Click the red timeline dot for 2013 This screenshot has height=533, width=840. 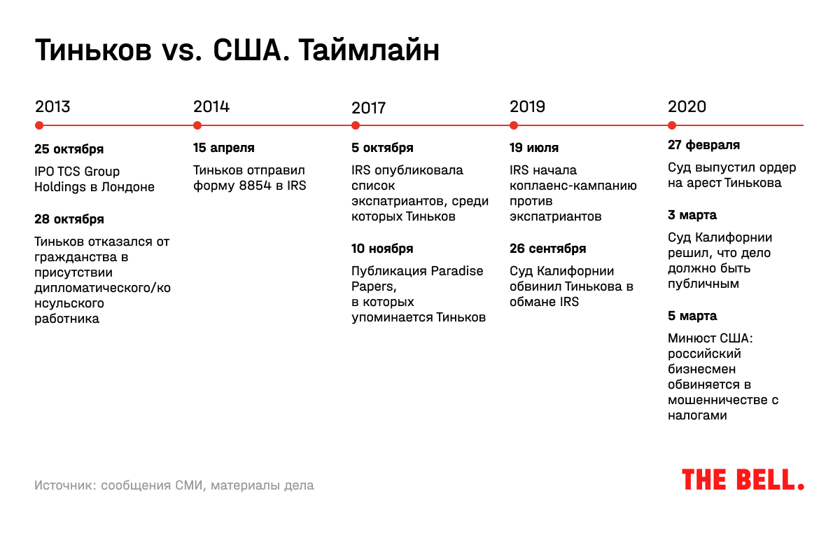(x=39, y=126)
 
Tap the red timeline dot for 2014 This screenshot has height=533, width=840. (x=197, y=126)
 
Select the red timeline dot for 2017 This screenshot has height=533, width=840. (x=356, y=126)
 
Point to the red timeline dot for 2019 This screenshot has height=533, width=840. (x=514, y=126)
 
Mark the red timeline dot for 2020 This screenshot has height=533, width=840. (x=672, y=126)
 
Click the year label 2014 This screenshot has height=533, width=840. (x=211, y=107)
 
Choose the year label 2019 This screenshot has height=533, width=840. (x=527, y=107)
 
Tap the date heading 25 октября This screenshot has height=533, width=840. (x=69, y=149)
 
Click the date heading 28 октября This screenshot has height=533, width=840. (x=69, y=219)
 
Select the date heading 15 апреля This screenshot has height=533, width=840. (x=223, y=148)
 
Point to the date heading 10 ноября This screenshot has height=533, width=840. (x=382, y=249)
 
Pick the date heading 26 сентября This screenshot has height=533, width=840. (x=547, y=249)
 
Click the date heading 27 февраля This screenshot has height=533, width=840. (x=703, y=146)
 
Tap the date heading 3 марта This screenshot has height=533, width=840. (x=692, y=215)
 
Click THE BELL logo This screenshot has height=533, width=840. (x=743, y=480)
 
